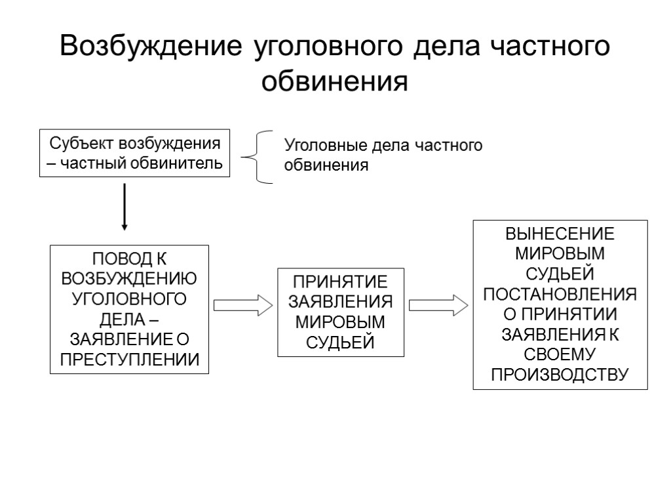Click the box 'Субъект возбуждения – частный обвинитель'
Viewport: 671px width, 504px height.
click(134, 153)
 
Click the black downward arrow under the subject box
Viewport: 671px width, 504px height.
click(125, 206)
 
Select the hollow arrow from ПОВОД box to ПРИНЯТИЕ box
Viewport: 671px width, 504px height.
click(242, 305)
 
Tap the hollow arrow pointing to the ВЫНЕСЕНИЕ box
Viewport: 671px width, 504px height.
click(438, 305)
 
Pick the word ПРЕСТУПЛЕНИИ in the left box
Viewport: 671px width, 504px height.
click(130, 360)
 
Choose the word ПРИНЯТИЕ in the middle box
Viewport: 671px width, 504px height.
click(340, 282)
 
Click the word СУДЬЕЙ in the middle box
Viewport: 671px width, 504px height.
click(340, 342)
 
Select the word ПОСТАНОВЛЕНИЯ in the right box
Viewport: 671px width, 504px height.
click(560, 293)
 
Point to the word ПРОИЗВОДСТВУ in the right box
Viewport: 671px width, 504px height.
click(560, 374)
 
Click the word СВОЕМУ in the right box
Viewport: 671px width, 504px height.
click(560, 354)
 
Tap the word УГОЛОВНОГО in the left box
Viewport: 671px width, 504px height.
click(129, 299)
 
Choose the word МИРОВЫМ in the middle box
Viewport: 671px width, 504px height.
click(340, 322)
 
